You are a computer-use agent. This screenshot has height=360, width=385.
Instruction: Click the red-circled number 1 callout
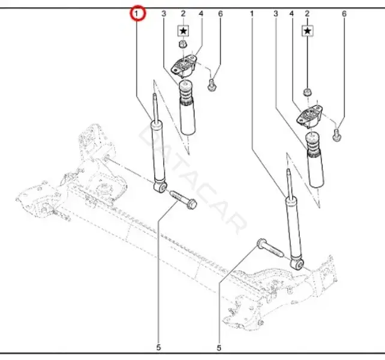pyautogui.click(x=138, y=14)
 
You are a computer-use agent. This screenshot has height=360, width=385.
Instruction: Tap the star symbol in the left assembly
pyautogui.click(x=183, y=31)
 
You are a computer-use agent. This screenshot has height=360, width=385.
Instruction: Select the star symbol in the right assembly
pyautogui.click(x=308, y=31)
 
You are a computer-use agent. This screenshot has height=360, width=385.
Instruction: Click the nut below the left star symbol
pyautogui.click(x=183, y=44)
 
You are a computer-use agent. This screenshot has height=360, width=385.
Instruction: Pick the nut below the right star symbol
pyautogui.click(x=307, y=92)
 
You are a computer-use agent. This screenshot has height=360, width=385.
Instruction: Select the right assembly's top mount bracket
pyautogui.click(x=309, y=116)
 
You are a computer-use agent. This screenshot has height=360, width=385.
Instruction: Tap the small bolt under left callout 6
pyautogui.click(x=212, y=85)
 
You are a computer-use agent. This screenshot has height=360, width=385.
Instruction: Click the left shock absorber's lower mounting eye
pyautogui.click(x=161, y=187)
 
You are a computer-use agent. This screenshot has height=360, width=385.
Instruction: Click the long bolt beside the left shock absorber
pyautogui.click(x=183, y=200)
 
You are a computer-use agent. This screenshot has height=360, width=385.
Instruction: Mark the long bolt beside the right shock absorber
pyautogui.click(x=270, y=248)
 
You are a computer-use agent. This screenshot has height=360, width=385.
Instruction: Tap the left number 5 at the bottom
pyautogui.click(x=158, y=347)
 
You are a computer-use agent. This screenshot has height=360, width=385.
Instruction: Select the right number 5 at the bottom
pyautogui.click(x=219, y=348)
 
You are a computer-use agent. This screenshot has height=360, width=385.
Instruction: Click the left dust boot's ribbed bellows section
pyautogui.click(x=186, y=95)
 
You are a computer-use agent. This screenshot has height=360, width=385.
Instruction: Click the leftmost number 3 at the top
pyautogui.click(x=164, y=14)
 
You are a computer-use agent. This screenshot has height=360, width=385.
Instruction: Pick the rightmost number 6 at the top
pyautogui.click(x=344, y=14)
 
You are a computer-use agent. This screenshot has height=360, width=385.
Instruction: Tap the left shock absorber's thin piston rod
pyautogui.click(x=155, y=107)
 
